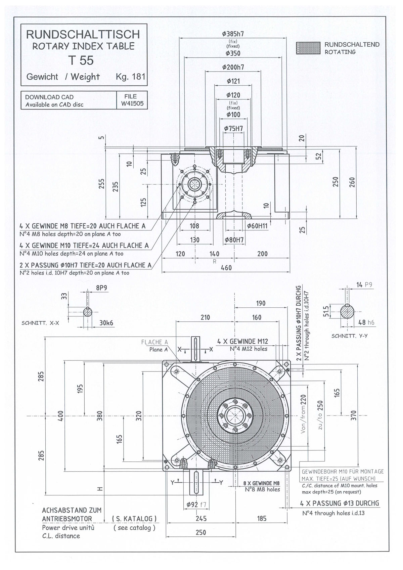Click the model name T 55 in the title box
(81, 60)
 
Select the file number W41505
(132, 103)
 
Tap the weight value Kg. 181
(131, 77)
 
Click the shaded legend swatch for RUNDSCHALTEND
(308, 48)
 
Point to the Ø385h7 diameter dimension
(233, 34)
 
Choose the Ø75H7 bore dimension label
(233, 129)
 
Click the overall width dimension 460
(226, 268)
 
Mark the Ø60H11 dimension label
(257, 226)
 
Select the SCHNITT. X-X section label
(40, 323)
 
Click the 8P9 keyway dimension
(101, 288)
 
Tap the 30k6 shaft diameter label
(106, 323)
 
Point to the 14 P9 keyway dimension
(364, 285)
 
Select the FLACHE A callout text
(154, 342)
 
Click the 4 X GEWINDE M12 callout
(242, 342)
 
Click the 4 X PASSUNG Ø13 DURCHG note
(340, 503)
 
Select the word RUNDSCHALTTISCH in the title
(83, 34)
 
